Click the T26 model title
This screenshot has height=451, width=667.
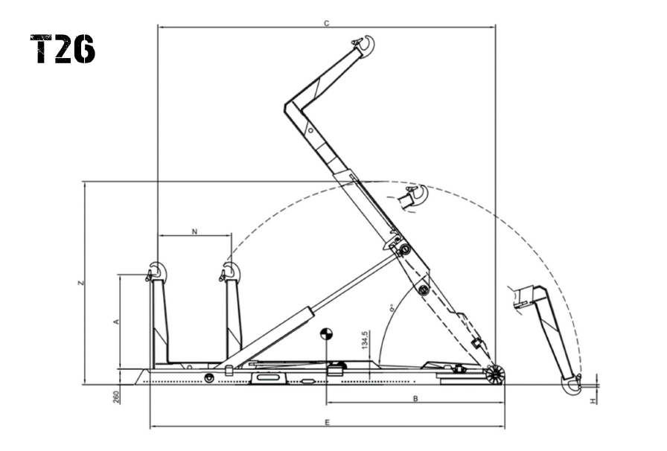click(63, 49)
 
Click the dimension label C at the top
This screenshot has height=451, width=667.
click(326, 23)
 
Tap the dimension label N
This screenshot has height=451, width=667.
click(194, 231)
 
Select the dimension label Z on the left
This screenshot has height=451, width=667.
click(81, 283)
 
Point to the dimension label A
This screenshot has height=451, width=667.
click(115, 322)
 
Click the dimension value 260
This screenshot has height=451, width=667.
click(116, 397)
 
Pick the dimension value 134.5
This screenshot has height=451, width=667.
click(365, 340)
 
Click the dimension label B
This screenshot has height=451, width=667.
click(415, 399)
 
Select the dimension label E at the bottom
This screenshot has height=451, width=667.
click(327, 423)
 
